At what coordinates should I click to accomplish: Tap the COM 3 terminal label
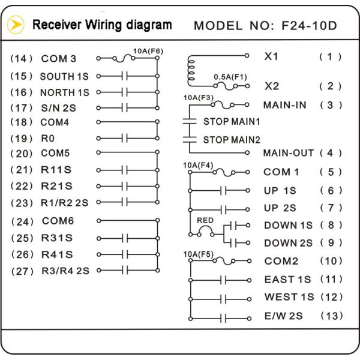click(59, 59)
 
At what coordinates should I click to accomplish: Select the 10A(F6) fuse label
click(148, 51)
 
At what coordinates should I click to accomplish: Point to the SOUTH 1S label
click(64, 77)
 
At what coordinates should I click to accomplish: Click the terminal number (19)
click(21, 137)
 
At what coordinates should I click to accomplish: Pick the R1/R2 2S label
click(64, 202)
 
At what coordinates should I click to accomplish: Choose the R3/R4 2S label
click(64, 271)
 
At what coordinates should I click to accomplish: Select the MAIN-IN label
click(285, 105)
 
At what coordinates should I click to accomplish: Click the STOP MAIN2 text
click(232, 140)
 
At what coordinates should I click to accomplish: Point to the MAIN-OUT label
click(289, 152)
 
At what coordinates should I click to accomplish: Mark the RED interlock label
click(205, 220)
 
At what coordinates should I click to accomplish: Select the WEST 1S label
click(289, 297)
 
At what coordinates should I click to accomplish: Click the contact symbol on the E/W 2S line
click(223, 317)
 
